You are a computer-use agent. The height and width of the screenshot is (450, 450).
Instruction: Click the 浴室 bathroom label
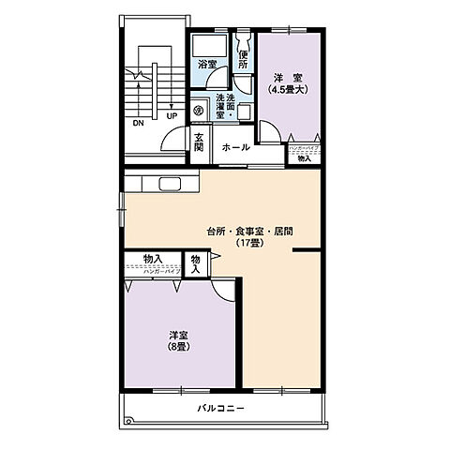pos(207,65)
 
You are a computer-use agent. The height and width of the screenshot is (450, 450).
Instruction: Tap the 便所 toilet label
pos(243,61)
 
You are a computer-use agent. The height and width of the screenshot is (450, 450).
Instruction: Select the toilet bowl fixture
pos(243,41)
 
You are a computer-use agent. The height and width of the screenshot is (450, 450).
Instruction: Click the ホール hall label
pos(235,147)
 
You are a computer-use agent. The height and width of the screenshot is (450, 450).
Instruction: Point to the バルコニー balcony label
pos(221,409)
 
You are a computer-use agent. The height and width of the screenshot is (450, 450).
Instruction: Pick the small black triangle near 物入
pos(216,254)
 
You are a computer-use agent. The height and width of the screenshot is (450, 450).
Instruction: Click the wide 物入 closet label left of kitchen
pos(153,259)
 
